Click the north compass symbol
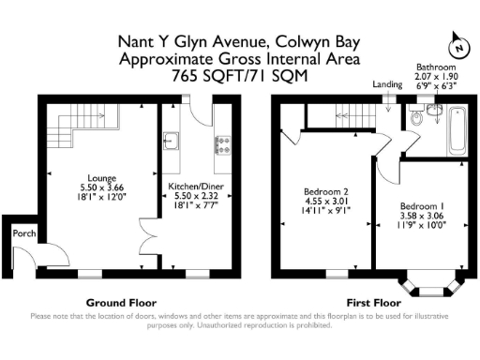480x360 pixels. click(457, 44)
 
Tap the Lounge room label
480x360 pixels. click(102, 177)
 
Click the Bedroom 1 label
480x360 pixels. click(421, 205)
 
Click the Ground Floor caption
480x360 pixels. click(121, 302)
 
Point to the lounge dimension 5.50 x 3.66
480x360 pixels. click(102, 187)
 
